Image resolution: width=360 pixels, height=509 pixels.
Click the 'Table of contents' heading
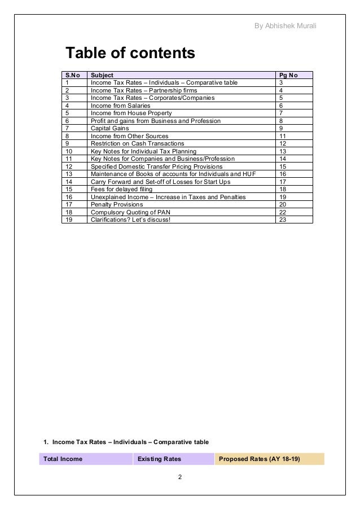tap(130, 54)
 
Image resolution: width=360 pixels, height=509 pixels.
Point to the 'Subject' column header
tap(102, 75)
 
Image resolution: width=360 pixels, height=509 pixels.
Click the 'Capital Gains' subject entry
tap(109, 128)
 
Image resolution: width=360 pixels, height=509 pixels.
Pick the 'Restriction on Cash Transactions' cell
tap(137, 143)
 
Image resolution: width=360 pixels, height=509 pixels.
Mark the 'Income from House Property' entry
tap(128, 113)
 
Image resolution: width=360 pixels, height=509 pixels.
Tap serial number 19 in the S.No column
tap(70, 220)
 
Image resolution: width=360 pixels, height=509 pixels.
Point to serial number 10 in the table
tap(70, 151)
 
